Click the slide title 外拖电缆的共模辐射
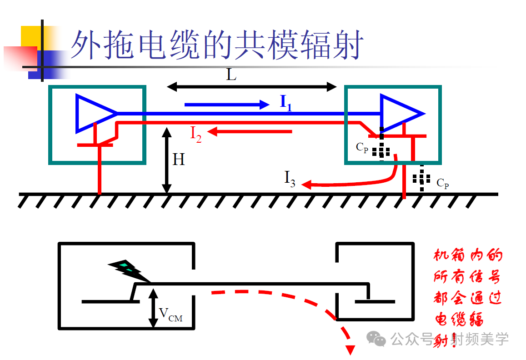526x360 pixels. pyautogui.click(x=217, y=45)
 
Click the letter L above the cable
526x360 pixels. pyautogui.click(x=231, y=75)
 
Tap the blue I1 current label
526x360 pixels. pyautogui.click(x=286, y=103)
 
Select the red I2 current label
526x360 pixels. pyautogui.click(x=195, y=134)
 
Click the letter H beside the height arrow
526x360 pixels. pyautogui.click(x=179, y=160)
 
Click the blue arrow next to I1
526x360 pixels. pyautogui.click(x=227, y=105)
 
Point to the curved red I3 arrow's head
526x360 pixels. pyautogui.click(x=307, y=185)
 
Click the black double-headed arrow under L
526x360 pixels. pyautogui.click(x=252, y=86)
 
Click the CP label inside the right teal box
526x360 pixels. pyautogui.click(x=362, y=147)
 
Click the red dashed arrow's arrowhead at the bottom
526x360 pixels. pyautogui.click(x=351, y=349)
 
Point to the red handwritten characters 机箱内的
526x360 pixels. pyautogui.click(x=468, y=255)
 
